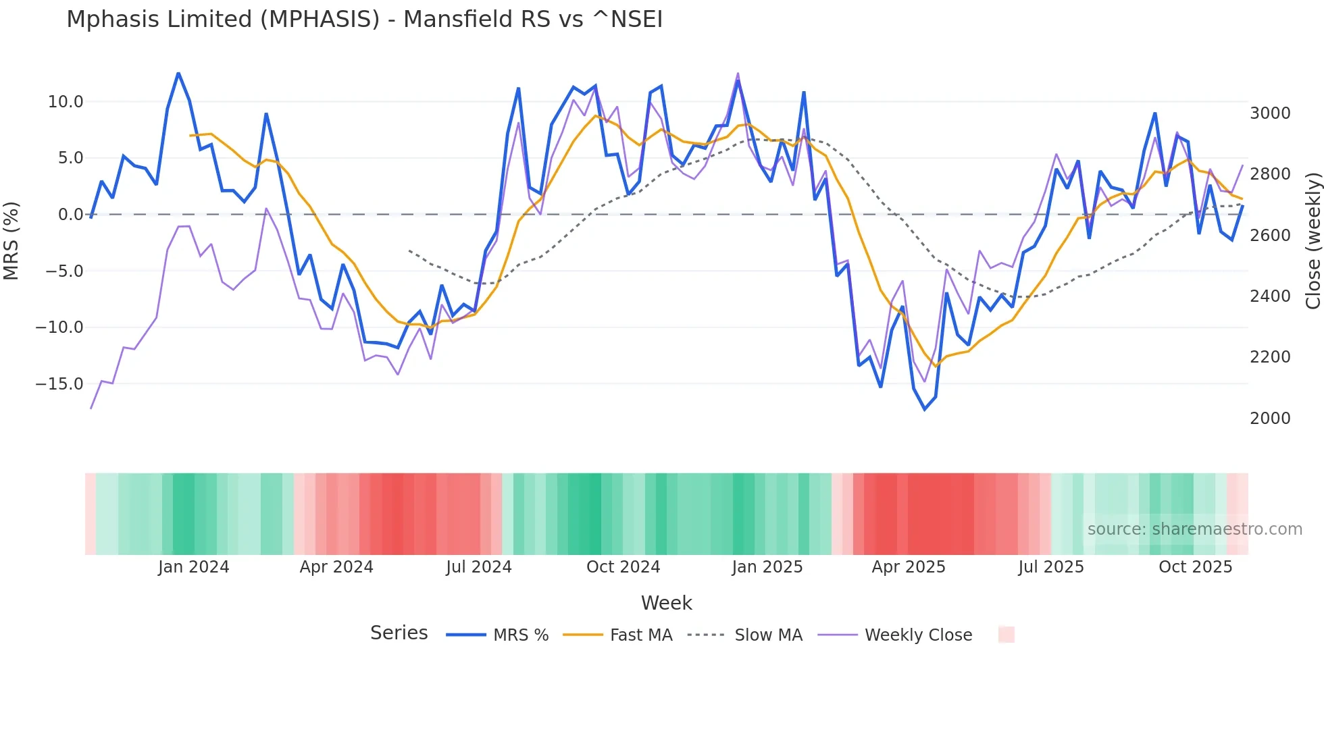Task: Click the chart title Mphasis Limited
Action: pos(364,19)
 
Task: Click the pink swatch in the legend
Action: pos(1006,635)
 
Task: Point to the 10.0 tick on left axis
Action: pos(66,102)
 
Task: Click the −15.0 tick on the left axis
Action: pos(59,384)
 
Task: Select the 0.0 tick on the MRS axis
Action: pos(70,215)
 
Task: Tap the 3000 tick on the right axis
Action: pos(1270,113)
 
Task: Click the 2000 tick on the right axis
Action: pos(1270,419)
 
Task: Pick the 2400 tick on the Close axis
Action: pos(1270,296)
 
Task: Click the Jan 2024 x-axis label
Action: pos(194,567)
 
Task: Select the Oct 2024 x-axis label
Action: pos(623,567)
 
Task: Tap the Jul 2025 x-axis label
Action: pos(1050,567)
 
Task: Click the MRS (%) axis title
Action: pos(11,241)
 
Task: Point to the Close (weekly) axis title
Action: pos(1313,241)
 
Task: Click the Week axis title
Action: pos(666,603)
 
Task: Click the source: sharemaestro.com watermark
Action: pos(1194,529)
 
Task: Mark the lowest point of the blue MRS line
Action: pos(925,410)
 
